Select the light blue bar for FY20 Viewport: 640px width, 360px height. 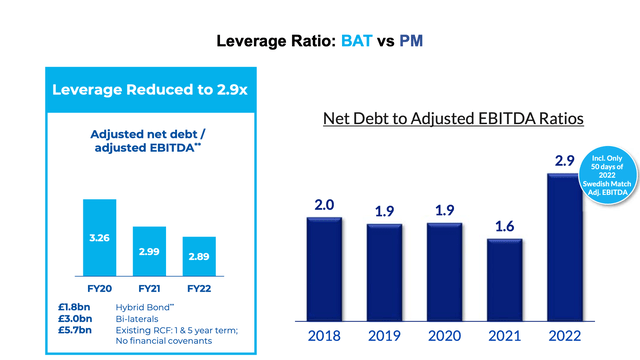(x=99, y=240)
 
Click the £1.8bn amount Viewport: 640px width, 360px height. (x=74, y=307)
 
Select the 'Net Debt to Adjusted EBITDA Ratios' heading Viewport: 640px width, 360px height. (x=453, y=119)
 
